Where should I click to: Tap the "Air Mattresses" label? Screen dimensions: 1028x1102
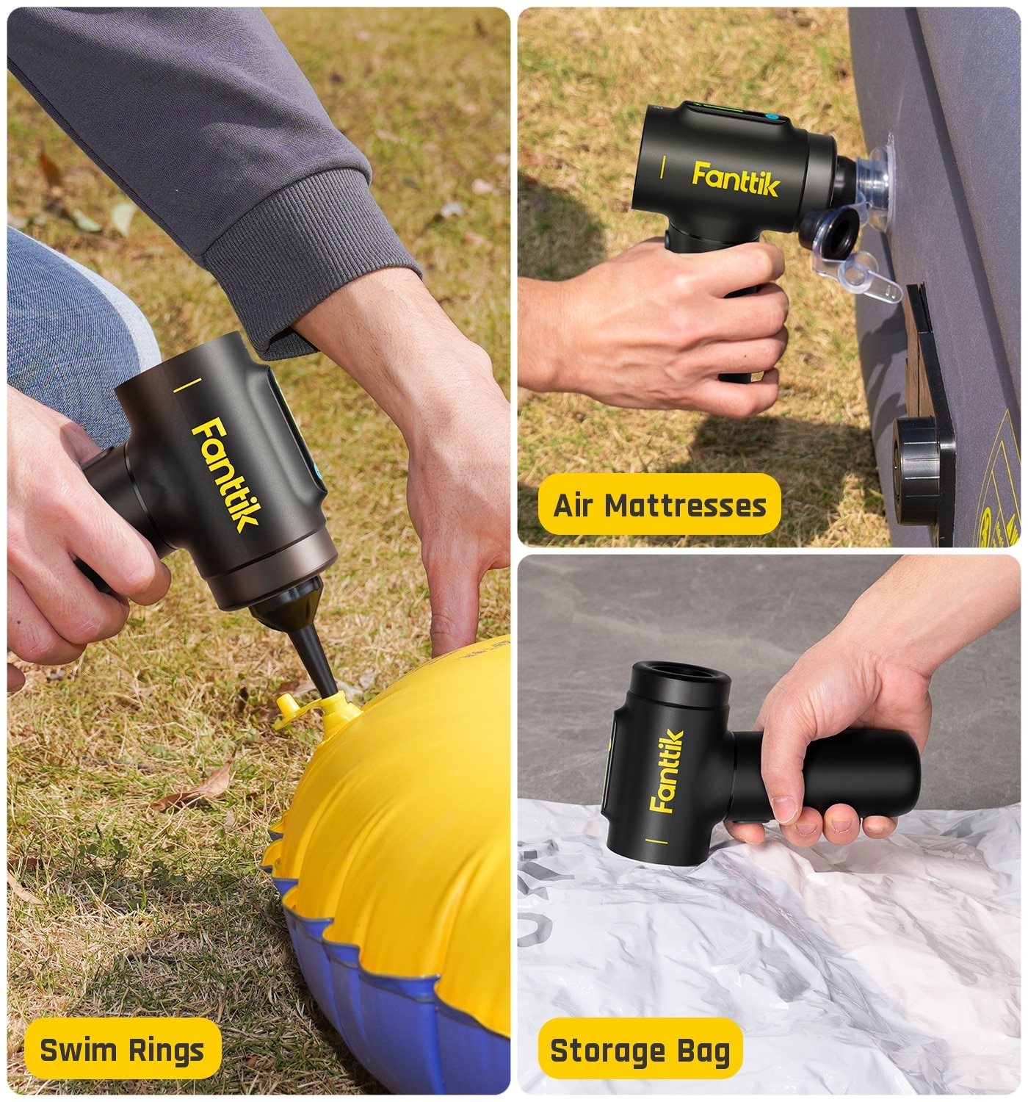point(659,505)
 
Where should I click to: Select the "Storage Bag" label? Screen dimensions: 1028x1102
point(640,1051)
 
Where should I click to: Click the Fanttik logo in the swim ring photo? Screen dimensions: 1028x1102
point(226,475)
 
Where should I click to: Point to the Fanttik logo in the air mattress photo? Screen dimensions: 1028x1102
point(736,179)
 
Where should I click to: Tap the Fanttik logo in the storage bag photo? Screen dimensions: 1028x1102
point(666,771)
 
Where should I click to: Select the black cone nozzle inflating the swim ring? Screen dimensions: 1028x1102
point(300,633)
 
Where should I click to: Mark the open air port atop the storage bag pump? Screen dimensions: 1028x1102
point(681,679)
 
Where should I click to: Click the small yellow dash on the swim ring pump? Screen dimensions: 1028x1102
point(187,385)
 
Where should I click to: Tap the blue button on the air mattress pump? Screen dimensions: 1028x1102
point(770,117)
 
